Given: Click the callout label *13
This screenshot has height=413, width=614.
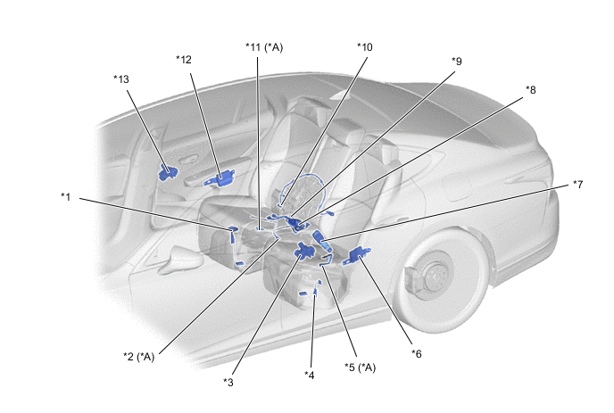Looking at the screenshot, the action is (x=121, y=79).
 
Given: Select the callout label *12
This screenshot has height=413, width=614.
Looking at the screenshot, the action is (x=184, y=60).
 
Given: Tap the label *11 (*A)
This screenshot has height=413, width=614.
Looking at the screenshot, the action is (x=264, y=47).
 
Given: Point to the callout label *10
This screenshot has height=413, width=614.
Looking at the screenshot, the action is (x=364, y=47).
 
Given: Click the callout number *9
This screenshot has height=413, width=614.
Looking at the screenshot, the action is (x=457, y=62).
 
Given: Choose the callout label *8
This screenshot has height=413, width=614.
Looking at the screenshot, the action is (x=531, y=90).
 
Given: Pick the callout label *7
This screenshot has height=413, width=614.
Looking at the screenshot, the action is (x=577, y=185).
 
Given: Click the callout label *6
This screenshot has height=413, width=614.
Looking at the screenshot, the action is (x=416, y=354).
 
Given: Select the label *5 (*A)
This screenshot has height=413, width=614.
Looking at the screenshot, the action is (x=360, y=368).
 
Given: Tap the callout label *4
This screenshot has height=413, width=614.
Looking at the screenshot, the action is (x=310, y=376).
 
